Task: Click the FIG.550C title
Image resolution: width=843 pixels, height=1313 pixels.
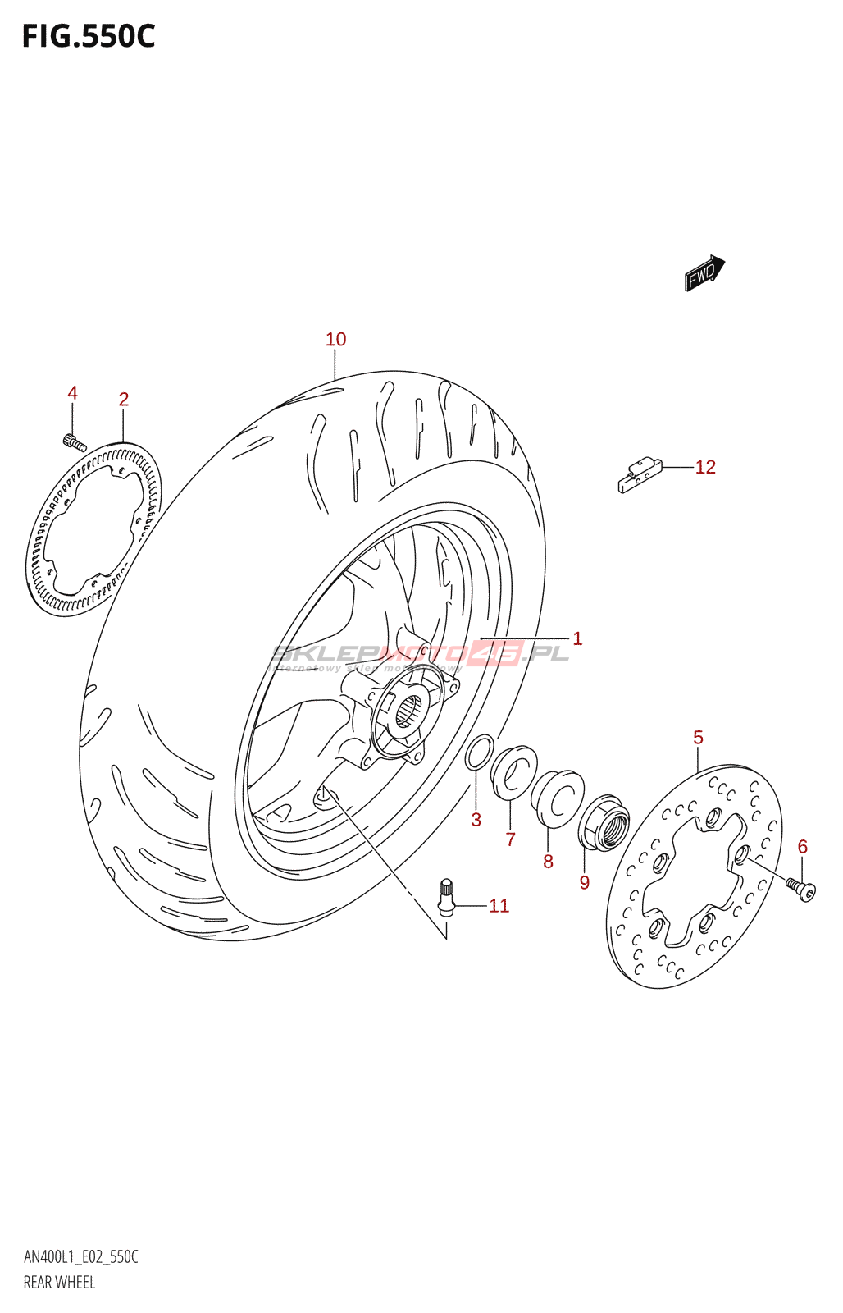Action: coord(89,37)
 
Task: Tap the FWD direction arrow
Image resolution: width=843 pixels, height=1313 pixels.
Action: coord(704,273)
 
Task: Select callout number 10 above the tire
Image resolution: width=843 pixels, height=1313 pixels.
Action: coord(335,339)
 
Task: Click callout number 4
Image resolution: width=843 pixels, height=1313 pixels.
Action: coord(72,393)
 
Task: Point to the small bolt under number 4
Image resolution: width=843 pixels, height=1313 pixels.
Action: coord(74,443)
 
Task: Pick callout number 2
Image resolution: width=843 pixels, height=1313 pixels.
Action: coord(124,400)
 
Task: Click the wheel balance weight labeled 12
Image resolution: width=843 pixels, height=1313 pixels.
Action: coord(640,475)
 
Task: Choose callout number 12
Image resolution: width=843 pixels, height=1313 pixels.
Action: coord(705,467)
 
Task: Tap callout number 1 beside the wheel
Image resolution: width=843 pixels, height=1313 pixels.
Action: coord(577,638)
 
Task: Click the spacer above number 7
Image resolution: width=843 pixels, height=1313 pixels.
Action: coord(514,771)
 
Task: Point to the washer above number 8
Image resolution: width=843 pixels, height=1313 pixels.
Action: coord(558,794)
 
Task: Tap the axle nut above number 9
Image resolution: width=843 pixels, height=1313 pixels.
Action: coord(604,822)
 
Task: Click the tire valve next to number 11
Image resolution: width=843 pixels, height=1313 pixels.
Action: coord(445,896)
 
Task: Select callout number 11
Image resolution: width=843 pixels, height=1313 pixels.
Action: coord(499,906)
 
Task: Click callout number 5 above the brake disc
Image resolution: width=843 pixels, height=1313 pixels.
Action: coord(698,738)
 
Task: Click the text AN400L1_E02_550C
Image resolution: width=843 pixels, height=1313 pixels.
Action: coord(80,1257)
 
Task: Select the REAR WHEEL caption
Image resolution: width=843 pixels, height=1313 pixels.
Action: coord(59,1283)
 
